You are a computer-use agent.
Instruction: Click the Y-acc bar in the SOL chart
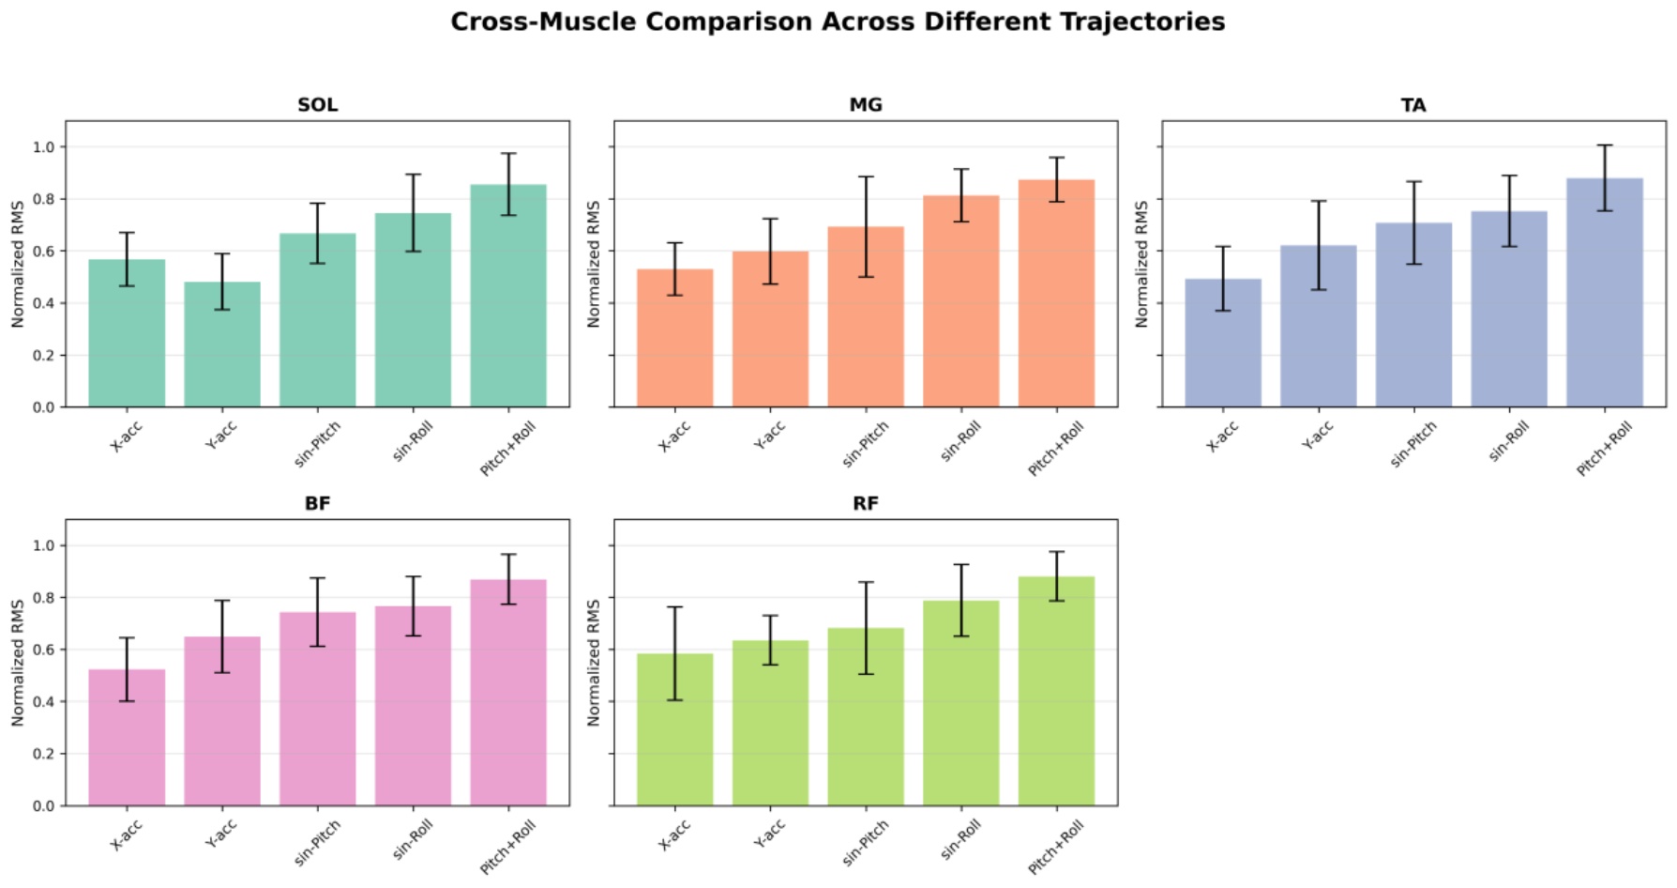[222, 344]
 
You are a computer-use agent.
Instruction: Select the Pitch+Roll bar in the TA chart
[1605, 293]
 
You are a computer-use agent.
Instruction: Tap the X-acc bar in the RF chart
[674, 729]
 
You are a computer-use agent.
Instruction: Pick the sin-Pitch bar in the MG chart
[866, 317]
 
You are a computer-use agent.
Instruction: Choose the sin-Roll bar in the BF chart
[413, 706]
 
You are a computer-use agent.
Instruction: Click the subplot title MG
[866, 105]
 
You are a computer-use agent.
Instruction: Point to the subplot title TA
[1413, 105]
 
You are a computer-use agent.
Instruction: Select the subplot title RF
[866, 504]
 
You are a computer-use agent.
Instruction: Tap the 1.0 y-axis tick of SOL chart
[44, 147]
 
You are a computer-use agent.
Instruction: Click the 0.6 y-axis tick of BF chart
[44, 650]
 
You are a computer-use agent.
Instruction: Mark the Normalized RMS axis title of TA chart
[1141, 264]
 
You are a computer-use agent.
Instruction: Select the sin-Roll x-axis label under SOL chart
[413, 441]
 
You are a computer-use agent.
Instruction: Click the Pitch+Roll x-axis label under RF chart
[1056, 846]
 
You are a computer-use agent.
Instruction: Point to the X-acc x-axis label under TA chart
[1222, 436]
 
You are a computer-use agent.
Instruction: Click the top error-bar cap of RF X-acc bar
[674, 607]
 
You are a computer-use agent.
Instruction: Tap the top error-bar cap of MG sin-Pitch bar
[866, 176]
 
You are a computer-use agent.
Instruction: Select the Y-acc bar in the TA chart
[1318, 326]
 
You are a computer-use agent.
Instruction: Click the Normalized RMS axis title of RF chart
[593, 663]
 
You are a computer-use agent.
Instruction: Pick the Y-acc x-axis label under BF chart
[221, 834]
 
